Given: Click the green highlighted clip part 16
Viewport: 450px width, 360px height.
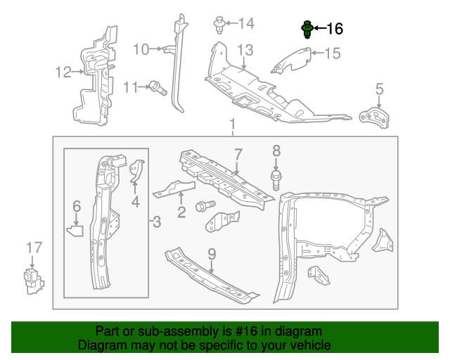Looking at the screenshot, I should pyautogui.click(x=307, y=30).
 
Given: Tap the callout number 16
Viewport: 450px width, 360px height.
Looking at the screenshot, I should pyautogui.click(x=335, y=29).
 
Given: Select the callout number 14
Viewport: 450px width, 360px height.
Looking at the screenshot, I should pyautogui.click(x=245, y=24).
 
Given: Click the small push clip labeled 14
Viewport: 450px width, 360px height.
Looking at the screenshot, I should pyautogui.click(x=219, y=25).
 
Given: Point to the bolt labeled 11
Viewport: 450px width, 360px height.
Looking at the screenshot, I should pyautogui.click(x=156, y=87).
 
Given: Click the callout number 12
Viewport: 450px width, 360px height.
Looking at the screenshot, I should pyautogui.click(x=64, y=71).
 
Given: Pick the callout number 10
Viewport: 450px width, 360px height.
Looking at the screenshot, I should pyautogui.click(x=141, y=49).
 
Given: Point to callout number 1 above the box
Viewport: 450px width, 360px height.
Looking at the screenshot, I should pyautogui.click(x=231, y=125).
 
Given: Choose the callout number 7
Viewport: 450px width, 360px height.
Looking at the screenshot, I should pyautogui.click(x=238, y=154).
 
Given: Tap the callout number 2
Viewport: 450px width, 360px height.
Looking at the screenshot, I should pyautogui.click(x=181, y=211).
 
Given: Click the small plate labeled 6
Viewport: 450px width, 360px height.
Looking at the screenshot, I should pyautogui.click(x=76, y=228).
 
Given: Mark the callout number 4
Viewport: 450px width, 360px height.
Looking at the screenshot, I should pyautogui.click(x=135, y=202).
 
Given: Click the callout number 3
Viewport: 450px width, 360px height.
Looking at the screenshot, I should pyautogui.click(x=157, y=223).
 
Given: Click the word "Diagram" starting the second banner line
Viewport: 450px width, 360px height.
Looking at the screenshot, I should pyautogui.click(x=102, y=345).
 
